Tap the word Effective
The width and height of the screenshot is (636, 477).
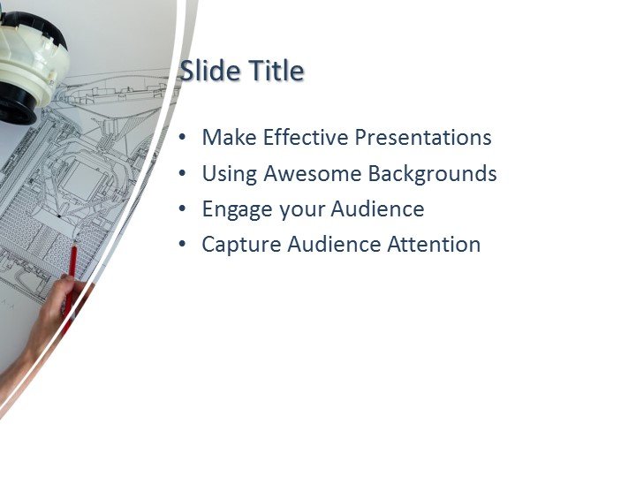pos(305,138)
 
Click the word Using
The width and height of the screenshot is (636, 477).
pos(226,174)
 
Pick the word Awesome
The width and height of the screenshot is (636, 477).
pos(309,174)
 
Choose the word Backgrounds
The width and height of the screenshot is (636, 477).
pos(432,174)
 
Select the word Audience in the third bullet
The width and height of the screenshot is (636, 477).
pos(377,209)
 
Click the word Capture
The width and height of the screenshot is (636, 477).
pos(237,246)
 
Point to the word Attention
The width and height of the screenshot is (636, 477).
pos(434,245)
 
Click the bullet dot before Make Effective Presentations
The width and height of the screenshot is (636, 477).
pos(183,139)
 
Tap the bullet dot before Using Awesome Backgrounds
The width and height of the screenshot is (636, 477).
pos(183,175)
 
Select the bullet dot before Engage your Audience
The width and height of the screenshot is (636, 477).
pos(183,210)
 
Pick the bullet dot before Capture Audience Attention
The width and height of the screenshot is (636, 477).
pos(183,246)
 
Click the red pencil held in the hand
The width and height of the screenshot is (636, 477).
pos(72,265)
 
